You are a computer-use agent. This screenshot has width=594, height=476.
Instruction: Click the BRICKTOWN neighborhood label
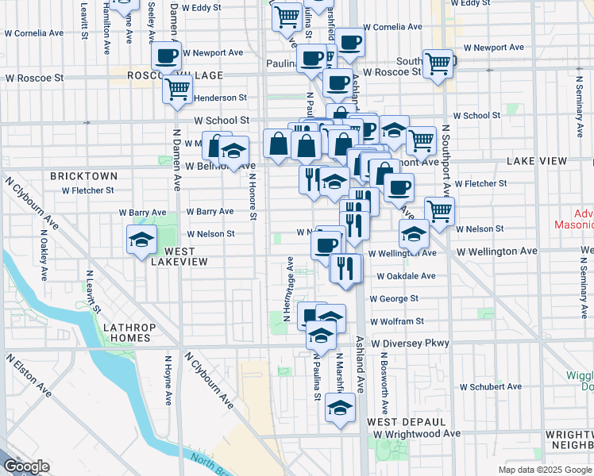point(83,175)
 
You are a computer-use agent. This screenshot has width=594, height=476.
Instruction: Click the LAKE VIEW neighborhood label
point(537,161)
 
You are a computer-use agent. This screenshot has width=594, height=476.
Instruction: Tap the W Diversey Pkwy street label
point(410,344)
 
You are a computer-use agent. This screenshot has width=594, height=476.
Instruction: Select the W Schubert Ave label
point(490,387)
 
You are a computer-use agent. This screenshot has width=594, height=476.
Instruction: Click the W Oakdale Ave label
point(406,276)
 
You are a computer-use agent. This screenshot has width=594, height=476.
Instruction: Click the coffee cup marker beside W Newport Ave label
point(167,56)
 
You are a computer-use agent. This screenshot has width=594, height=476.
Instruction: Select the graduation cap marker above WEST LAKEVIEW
point(142,240)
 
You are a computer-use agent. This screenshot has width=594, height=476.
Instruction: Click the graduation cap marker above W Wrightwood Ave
point(341,409)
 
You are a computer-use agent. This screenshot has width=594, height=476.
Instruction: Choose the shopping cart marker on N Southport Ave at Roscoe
point(438,63)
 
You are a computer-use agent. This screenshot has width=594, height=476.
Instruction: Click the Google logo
point(26,467)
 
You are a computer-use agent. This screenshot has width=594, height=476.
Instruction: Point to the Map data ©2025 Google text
point(543,470)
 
